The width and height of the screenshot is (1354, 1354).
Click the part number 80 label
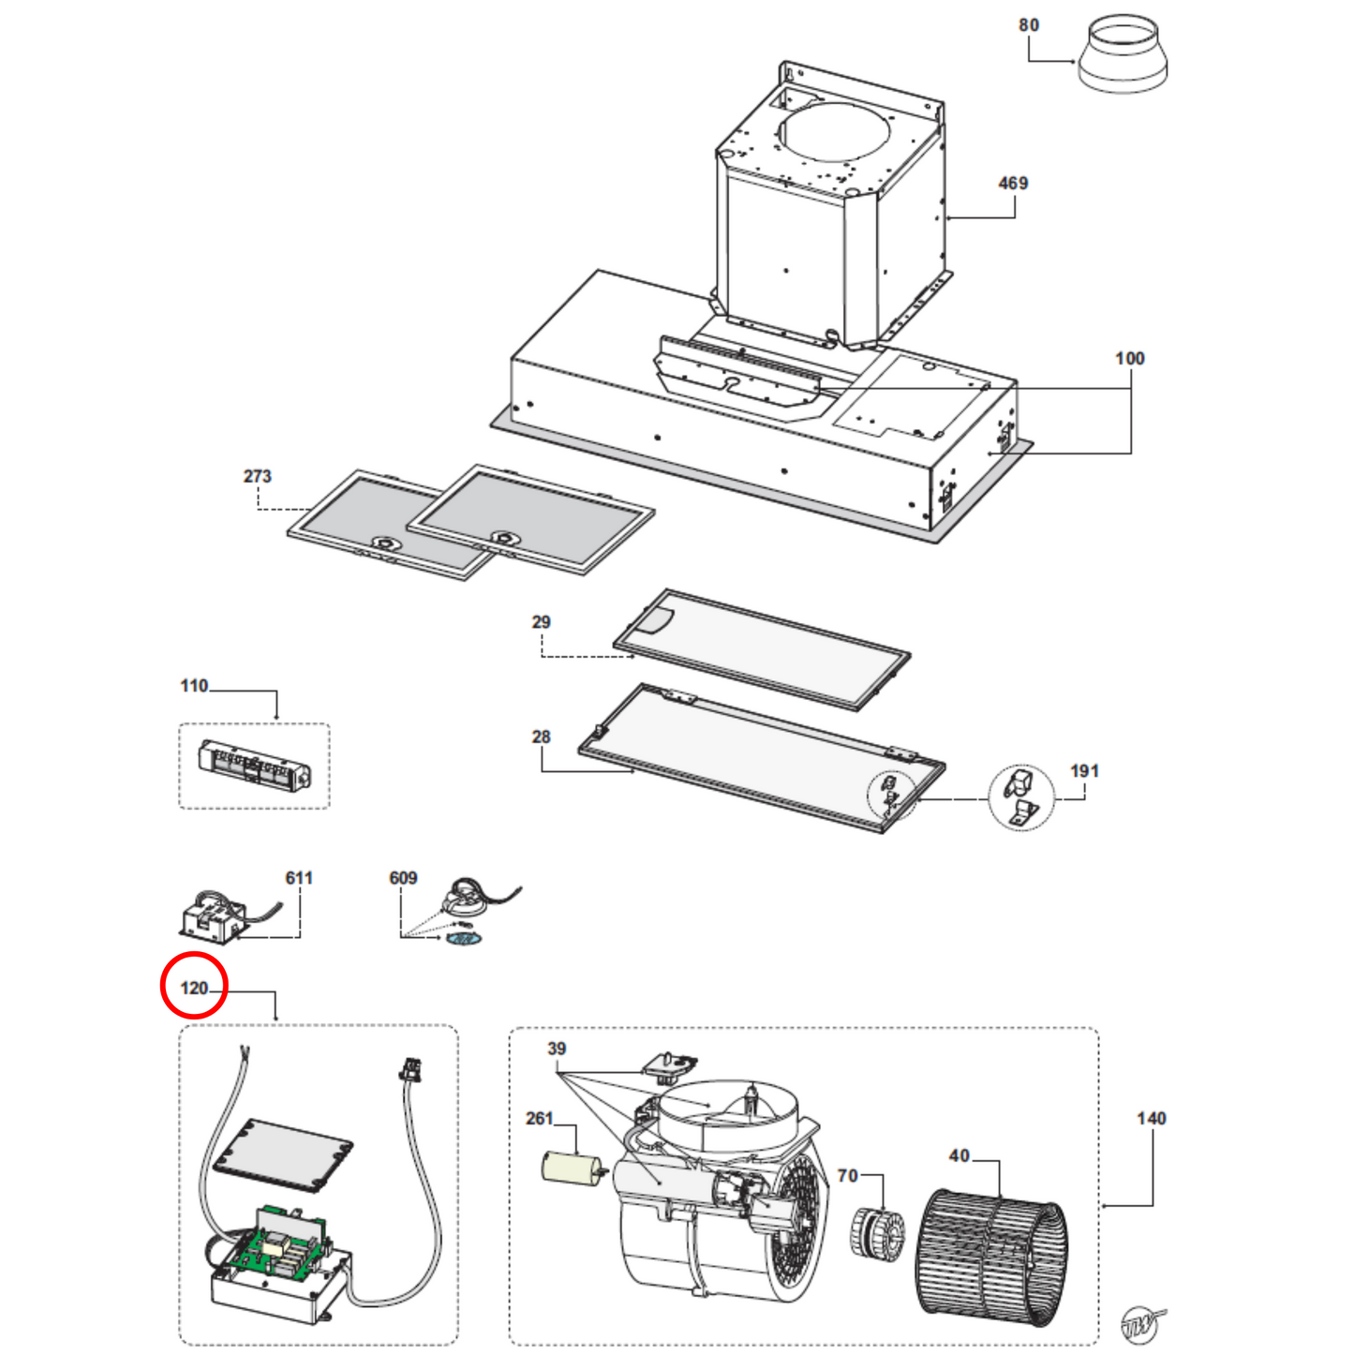tap(1029, 25)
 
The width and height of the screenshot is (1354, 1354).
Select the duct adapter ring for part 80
tap(1123, 55)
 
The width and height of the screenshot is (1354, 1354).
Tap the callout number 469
tap(1013, 184)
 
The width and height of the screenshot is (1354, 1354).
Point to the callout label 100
tap(1129, 359)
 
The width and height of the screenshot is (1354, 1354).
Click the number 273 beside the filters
tap(257, 477)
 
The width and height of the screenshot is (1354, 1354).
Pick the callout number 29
tap(541, 622)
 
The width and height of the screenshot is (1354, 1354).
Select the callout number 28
tap(541, 737)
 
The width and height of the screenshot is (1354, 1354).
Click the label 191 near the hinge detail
tap(1084, 771)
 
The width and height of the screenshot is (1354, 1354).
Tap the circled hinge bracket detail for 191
tap(1020, 797)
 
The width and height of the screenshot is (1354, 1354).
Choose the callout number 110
tap(194, 686)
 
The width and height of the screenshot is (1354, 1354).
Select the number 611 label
tap(299, 878)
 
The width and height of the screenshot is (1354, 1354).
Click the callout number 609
tap(403, 878)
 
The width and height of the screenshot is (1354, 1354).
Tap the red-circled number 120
tap(194, 988)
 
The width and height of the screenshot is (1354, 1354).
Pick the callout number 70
tap(847, 1176)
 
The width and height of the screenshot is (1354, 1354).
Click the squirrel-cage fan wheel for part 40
tap(990, 1256)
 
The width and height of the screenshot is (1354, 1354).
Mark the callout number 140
tap(1151, 1119)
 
